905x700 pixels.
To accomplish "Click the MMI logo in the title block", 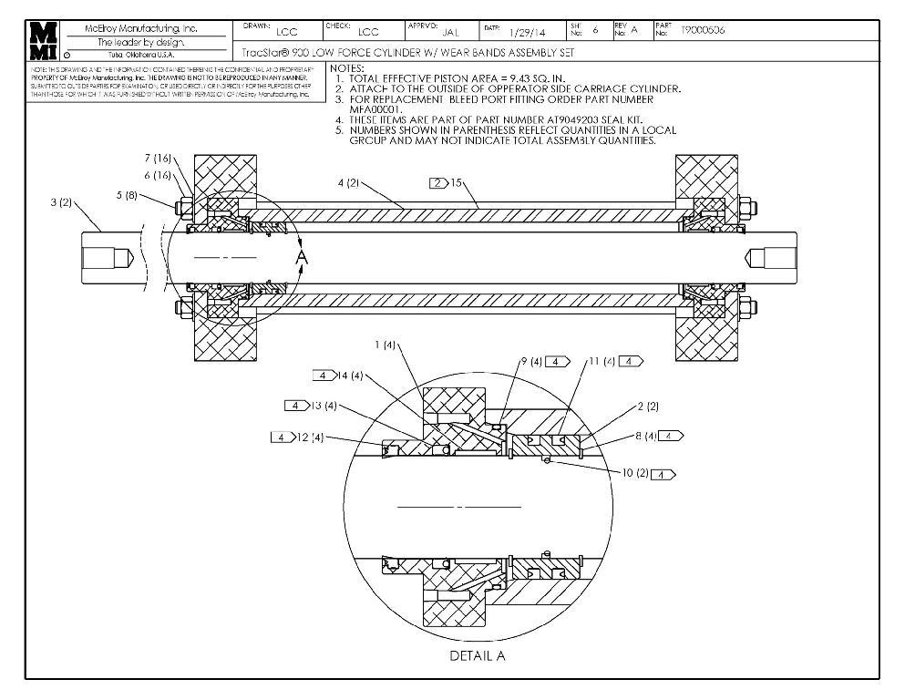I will point(44,40).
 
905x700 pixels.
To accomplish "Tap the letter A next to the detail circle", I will point(303,259).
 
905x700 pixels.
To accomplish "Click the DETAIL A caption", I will point(478,655).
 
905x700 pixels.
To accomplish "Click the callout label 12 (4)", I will point(312,437).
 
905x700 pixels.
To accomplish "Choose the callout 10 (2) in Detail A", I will point(630,474).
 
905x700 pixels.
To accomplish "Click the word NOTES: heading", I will point(347,68).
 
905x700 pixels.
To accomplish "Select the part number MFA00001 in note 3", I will point(376,109).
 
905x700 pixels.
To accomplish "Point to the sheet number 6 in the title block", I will point(595,30).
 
